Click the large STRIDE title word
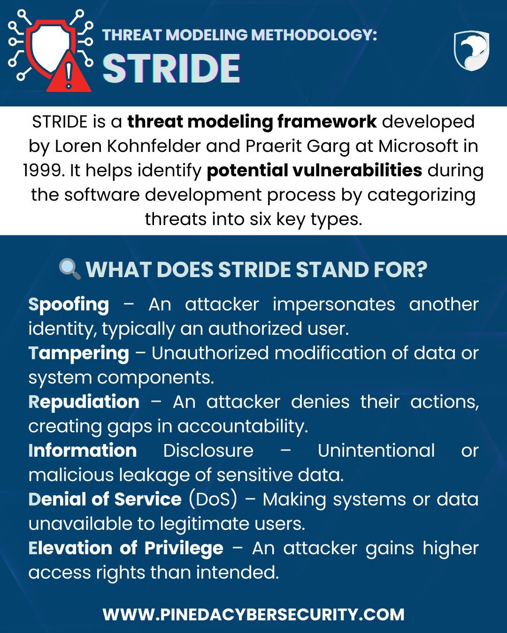(x=171, y=68)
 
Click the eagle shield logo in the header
(x=471, y=50)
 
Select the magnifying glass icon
(x=69, y=269)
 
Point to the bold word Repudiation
(x=84, y=402)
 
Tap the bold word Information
(x=83, y=451)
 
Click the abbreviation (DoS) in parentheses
(x=213, y=499)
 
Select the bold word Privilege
(x=184, y=549)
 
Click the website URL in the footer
(x=253, y=615)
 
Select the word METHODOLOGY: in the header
(x=314, y=35)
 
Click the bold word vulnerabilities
(x=357, y=171)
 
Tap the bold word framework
(x=327, y=121)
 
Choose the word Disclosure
(x=208, y=451)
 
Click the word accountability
(x=243, y=427)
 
